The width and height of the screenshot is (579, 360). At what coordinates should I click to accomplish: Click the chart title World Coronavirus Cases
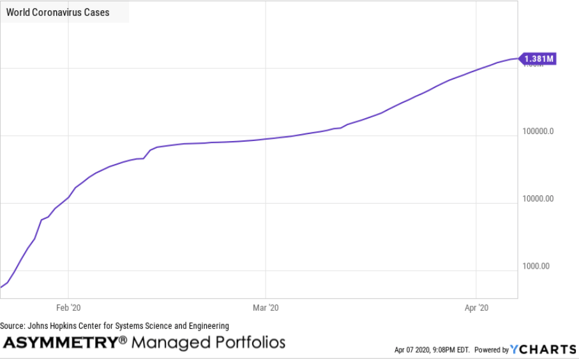tap(57, 12)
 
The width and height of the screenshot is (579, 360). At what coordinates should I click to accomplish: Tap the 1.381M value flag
tap(538, 59)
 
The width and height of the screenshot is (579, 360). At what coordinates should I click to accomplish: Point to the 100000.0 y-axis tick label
tap(538, 131)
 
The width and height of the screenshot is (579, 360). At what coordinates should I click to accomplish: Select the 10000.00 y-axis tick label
tap(538, 199)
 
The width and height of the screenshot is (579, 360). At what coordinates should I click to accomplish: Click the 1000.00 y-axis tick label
tap(536, 266)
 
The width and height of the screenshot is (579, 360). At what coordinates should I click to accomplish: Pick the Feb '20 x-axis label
tap(69, 307)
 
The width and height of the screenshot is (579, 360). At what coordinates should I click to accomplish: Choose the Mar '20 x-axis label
tap(266, 307)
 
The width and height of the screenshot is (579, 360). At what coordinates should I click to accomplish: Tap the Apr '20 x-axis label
tap(476, 307)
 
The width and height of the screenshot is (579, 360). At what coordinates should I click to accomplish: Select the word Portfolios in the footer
tap(246, 342)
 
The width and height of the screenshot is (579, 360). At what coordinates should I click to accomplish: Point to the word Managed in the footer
tap(168, 342)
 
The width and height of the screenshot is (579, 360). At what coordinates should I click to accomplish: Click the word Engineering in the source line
tap(206, 326)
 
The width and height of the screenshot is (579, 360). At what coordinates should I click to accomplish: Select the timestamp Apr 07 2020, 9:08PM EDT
tap(432, 350)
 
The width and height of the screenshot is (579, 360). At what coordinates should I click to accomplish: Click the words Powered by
tap(491, 350)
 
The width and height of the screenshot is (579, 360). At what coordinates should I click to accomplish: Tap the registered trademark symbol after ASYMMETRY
tap(123, 340)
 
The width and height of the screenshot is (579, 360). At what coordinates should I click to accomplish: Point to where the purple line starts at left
tap(1, 287)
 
